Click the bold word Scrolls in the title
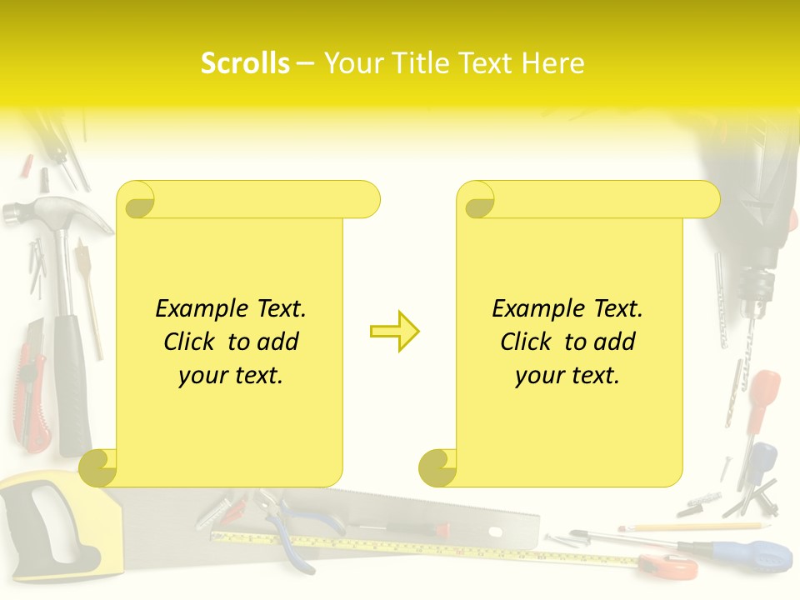(245, 63)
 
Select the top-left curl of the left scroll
(136, 200)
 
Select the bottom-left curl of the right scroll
(437, 468)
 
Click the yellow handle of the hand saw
(50, 525)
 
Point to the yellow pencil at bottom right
(692, 527)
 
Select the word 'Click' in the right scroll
(525, 342)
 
